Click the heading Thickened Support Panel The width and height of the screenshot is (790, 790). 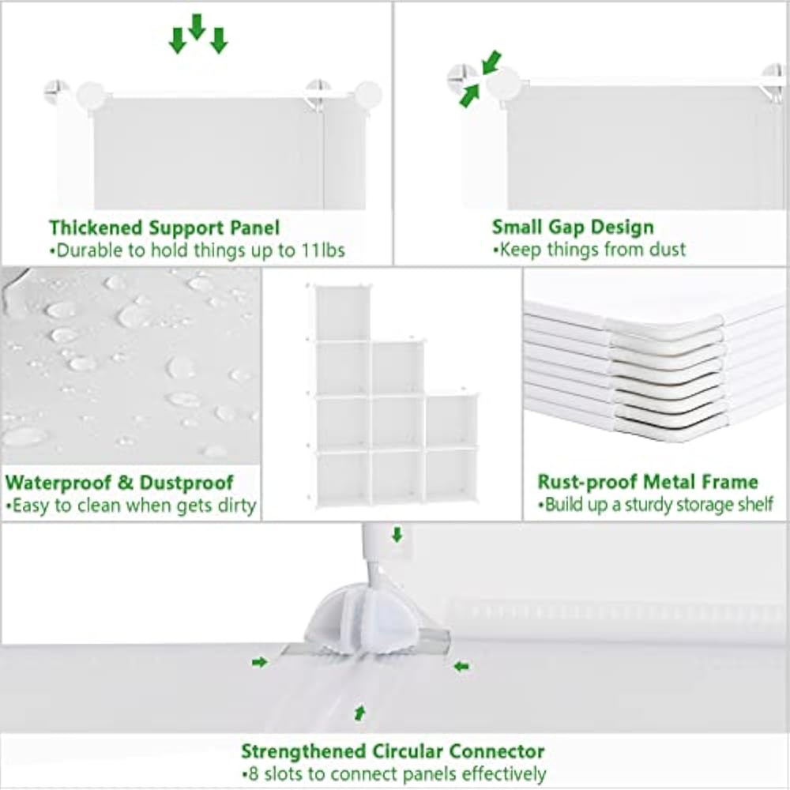point(164,228)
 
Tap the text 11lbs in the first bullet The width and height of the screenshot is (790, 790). point(323,250)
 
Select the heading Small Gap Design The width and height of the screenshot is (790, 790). point(573,228)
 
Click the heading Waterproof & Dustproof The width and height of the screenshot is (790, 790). point(119,483)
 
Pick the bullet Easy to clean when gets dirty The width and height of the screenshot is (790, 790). point(131,506)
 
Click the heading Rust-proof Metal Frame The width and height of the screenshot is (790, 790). point(648,482)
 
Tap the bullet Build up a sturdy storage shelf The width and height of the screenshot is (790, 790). point(656,504)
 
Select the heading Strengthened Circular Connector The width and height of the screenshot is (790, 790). point(393,751)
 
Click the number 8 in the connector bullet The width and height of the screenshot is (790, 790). point(254,774)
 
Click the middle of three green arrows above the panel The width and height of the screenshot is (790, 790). point(197,27)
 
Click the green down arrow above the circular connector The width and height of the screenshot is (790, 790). point(397,535)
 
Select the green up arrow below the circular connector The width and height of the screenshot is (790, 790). point(359,713)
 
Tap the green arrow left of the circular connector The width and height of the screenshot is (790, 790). point(260,662)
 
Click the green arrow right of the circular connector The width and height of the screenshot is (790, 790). point(461,667)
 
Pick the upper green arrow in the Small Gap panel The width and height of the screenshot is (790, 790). point(492,62)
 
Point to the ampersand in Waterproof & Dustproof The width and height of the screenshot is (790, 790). point(126,483)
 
